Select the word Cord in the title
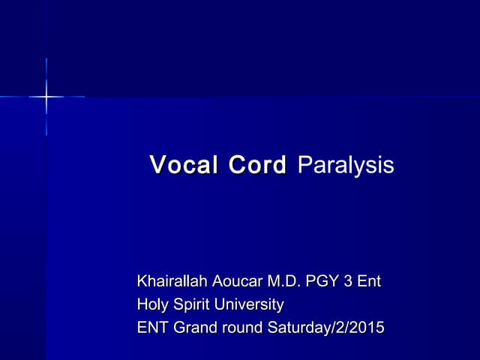(257, 165)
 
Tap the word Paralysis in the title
(346, 166)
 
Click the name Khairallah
(169, 282)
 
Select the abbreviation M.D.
(282, 282)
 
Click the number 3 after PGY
(347, 282)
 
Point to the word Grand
(193, 328)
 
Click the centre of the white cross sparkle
(46, 97)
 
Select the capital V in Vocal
(157, 165)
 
